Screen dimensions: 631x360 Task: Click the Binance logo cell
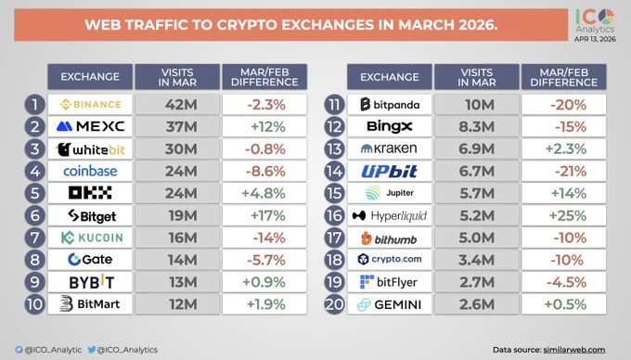(90, 105)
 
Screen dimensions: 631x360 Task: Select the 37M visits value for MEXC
(182, 127)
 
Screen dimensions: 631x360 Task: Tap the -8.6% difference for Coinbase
(265, 172)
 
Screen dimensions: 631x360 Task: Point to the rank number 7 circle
(34, 238)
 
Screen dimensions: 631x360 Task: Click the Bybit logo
(91, 281)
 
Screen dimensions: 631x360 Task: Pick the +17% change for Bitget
(268, 215)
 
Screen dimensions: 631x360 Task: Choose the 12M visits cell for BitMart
(177, 304)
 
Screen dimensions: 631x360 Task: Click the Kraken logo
(389, 148)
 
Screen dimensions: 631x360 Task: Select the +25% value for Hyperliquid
(568, 215)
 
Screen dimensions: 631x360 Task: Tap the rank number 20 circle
(334, 304)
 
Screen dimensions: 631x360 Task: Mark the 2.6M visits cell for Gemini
(477, 304)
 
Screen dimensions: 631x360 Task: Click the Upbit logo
(389, 172)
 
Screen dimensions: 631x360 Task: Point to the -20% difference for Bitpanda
(568, 105)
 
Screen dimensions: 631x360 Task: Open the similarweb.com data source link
(574, 350)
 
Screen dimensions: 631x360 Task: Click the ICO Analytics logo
(595, 21)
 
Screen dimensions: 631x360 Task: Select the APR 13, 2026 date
(595, 39)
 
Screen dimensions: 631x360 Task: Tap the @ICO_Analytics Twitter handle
(122, 350)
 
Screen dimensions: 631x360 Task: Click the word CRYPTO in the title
(247, 25)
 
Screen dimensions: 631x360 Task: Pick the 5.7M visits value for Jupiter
(477, 194)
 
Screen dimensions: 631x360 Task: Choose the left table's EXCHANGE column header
(90, 77)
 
